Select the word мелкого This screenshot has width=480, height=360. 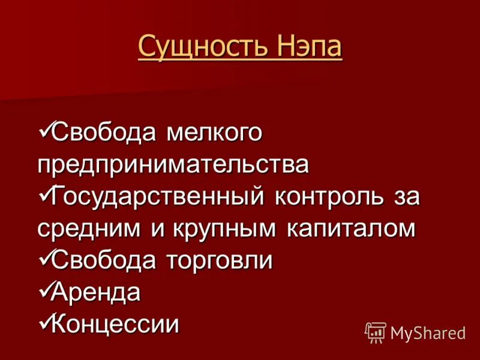(x=214, y=133)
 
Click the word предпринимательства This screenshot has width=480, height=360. (x=173, y=164)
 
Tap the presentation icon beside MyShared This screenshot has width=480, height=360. (x=376, y=332)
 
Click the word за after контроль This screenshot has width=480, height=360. (x=406, y=197)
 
